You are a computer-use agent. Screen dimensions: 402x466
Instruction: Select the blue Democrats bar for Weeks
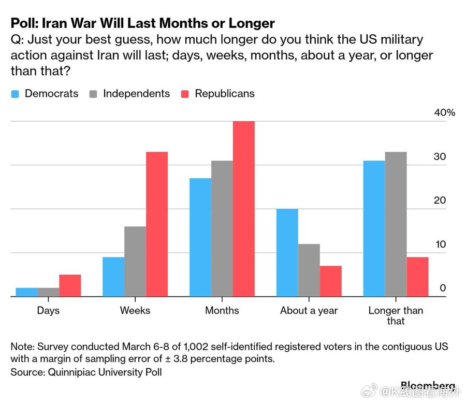[113, 277]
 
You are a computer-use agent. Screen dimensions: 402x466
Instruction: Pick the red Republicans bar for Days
[70, 285]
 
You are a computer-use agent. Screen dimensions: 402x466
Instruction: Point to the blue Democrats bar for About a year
[287, 253]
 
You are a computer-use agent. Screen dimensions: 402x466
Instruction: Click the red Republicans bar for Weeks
[157, 224]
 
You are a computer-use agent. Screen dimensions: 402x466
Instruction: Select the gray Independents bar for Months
[222, 228]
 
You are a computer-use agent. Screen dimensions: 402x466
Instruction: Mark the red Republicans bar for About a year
[331, 281]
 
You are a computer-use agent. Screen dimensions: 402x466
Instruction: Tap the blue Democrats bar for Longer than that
[374, 228]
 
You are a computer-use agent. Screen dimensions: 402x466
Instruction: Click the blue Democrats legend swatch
[15, 94]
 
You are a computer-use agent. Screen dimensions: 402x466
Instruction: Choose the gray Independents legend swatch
[93, 94]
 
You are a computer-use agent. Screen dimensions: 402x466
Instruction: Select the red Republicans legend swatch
[185, 94]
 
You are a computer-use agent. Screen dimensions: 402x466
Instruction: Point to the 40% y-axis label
[444, 113]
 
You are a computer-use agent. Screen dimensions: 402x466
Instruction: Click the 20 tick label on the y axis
[439, 200]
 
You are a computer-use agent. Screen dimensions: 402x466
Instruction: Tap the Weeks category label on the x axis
[135, 310]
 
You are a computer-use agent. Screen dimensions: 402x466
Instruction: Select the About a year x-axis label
[309, 310]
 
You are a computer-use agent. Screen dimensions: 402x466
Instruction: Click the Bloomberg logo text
[427, 385]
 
